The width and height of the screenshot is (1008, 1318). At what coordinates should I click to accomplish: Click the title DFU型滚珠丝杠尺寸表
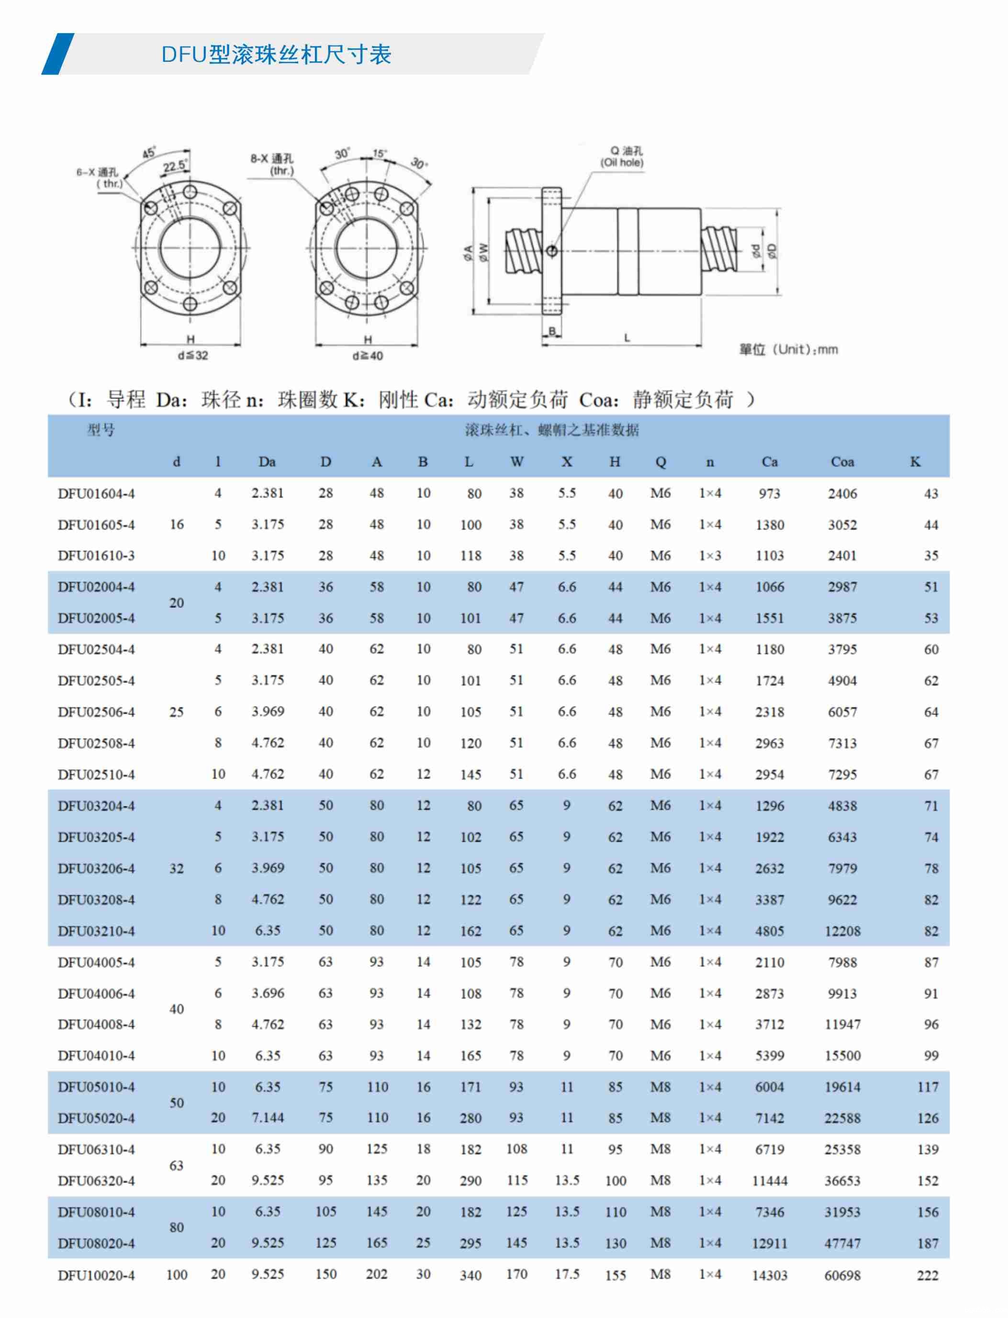point(276,55)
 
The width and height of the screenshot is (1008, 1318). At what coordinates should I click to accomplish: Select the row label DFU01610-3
point(96,556)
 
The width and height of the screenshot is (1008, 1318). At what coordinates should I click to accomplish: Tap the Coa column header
point(842,462)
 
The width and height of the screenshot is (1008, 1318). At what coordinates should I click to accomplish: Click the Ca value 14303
point(769,1275)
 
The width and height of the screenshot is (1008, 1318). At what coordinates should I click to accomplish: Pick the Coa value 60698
point(842,1275)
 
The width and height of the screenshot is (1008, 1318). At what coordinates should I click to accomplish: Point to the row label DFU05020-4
point(96,1118)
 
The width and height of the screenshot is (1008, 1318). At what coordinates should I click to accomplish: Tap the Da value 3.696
point(268,993)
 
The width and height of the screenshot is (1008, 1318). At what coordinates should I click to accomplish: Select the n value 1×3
point(710,556)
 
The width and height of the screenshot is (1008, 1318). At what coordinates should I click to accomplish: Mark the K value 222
point(927,1275)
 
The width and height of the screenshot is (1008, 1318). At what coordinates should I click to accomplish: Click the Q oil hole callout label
point(622,156)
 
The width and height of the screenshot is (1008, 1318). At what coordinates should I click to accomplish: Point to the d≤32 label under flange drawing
point(192,356)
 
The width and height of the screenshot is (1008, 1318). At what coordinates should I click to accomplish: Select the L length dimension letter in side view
point(627,338)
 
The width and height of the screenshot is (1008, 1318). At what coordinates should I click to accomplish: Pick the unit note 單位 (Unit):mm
point(788,349)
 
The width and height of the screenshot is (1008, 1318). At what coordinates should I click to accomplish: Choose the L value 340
point(470,1275)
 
